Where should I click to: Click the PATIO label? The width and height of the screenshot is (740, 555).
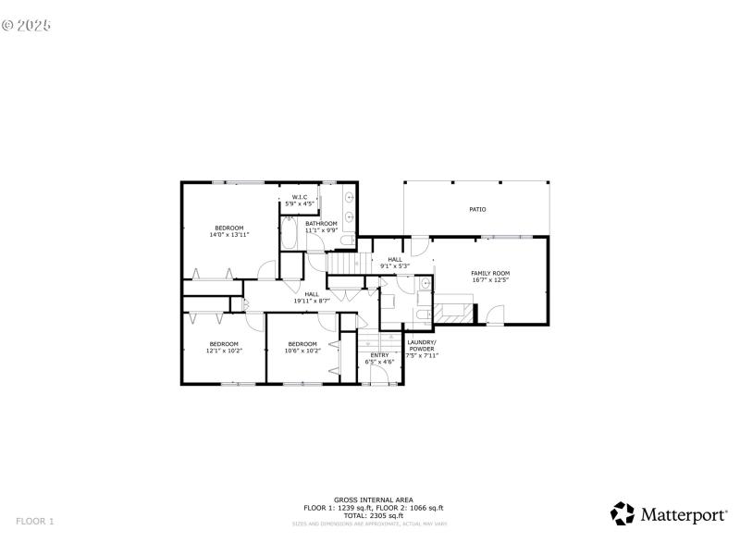pos(477,210)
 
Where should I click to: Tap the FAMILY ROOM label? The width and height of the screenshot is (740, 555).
pos(490,273)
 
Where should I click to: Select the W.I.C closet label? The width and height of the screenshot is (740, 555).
pos(300,197)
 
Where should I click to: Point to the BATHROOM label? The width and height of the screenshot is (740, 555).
pos(322,223)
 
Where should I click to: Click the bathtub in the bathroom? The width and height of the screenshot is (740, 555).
pos(288,232)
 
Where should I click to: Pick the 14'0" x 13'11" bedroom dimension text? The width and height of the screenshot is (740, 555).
pos(229,235)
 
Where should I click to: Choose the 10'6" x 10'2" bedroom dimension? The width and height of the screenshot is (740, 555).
pos(302,351)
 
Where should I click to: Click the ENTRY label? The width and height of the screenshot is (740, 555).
pos(380,355)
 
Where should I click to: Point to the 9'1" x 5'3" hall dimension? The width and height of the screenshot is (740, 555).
pos(395,265)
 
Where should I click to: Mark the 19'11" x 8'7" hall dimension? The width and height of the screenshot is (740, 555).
pos(312,301)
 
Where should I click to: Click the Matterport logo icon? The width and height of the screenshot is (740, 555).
pos(623,513)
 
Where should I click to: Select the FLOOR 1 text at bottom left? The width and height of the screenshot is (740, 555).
pos(35,522)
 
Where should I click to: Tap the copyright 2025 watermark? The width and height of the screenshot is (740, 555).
pos(26,25)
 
